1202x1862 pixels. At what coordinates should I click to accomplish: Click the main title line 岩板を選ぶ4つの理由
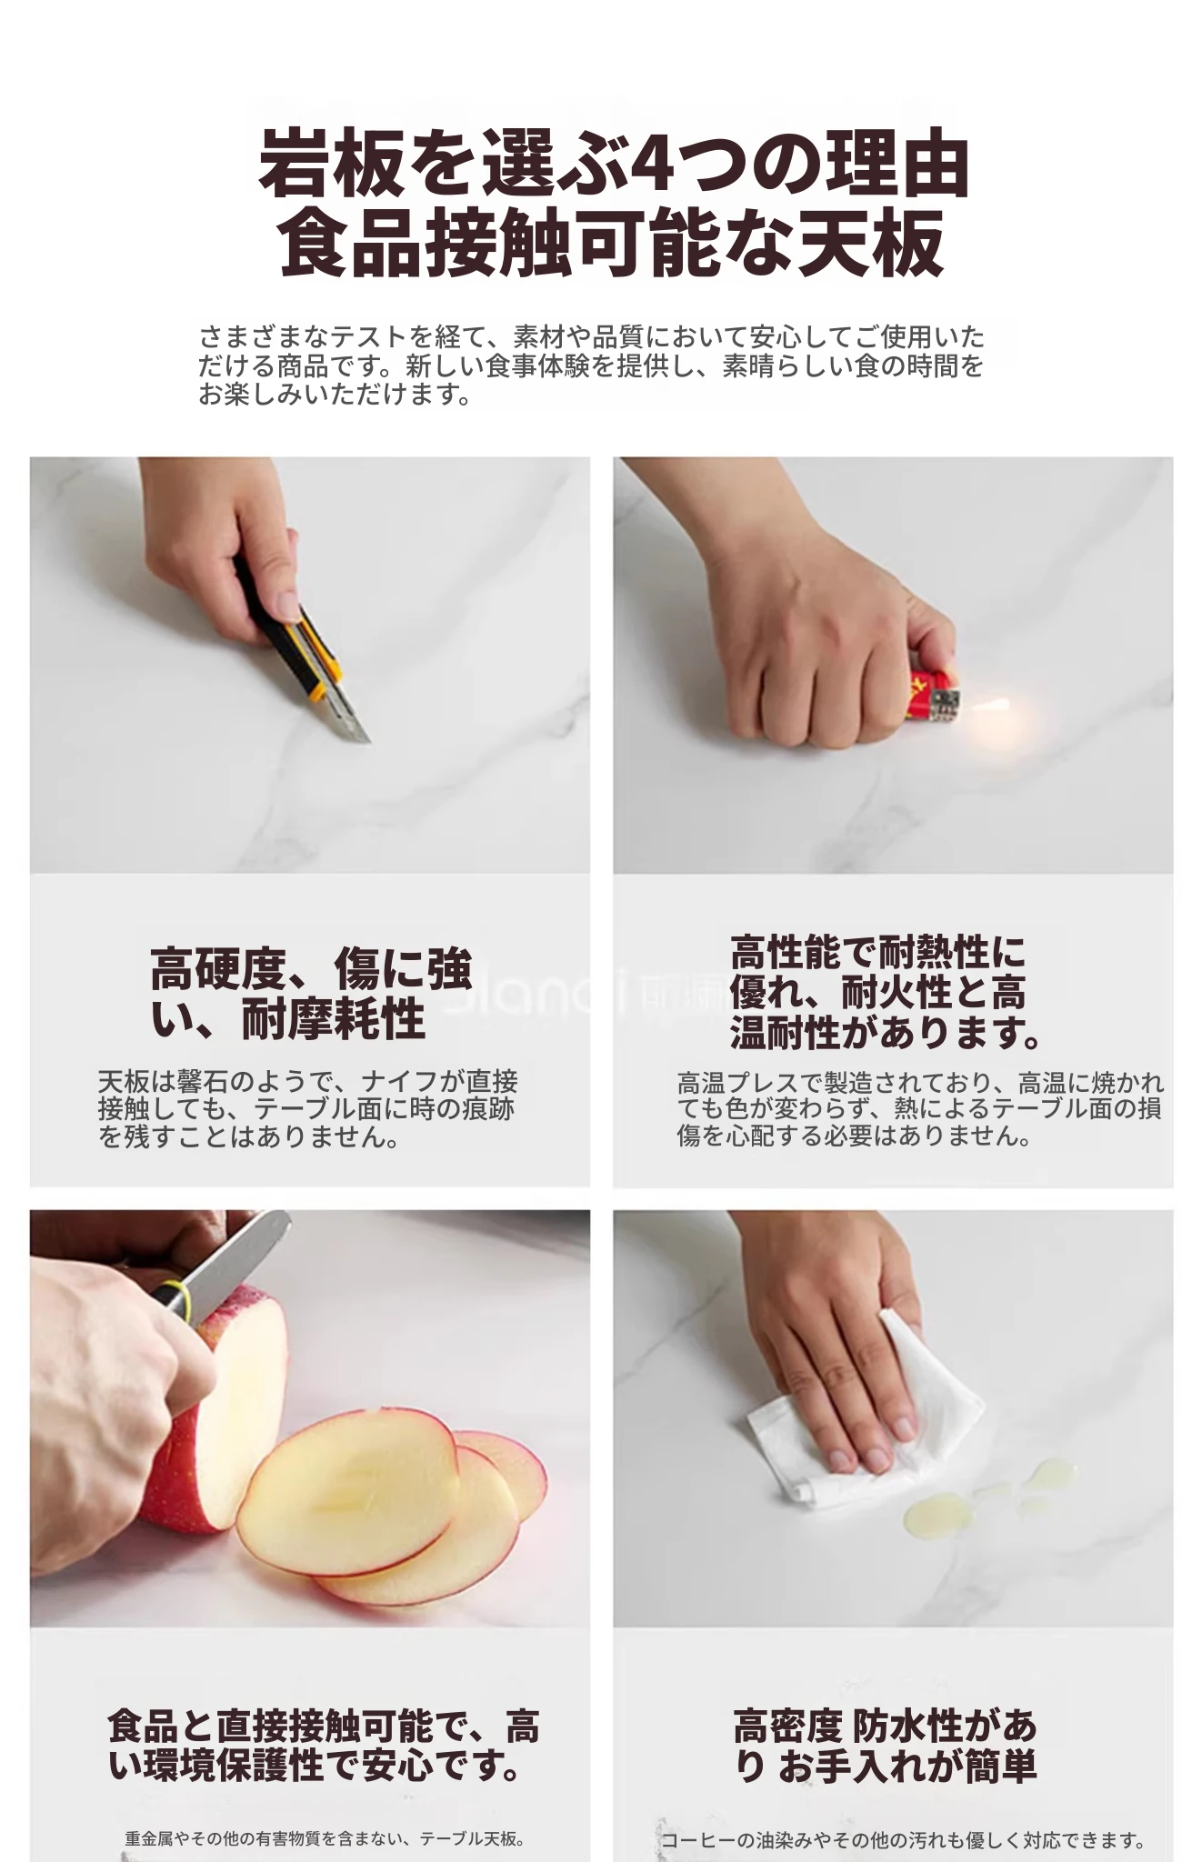point(615,165)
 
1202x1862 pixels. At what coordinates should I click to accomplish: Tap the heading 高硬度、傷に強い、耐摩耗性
point(312,993)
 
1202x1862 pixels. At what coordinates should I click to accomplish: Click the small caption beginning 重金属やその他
point(325,1838)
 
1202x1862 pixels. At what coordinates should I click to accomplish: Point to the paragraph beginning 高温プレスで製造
point(920,1109)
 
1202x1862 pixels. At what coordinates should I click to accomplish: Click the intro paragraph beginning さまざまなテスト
point(591,366)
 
